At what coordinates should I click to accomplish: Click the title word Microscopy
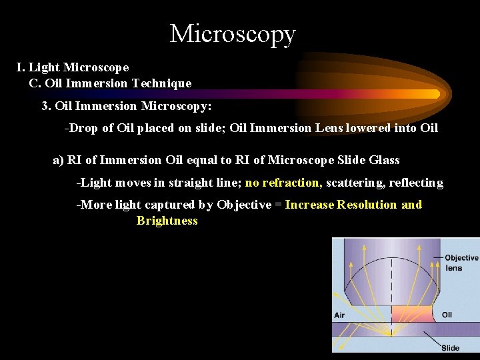tap(233, 33)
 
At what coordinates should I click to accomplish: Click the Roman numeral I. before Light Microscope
tap(21, 67)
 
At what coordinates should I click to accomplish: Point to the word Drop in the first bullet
tap(82, 128)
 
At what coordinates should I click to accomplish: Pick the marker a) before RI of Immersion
tap(58, 160)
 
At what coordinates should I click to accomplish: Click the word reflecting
tap(416, 183)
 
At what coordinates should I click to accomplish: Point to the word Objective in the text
tap(244, 205)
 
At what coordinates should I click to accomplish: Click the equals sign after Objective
tap(278, 205)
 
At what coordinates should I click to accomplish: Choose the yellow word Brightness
tap(167, 221)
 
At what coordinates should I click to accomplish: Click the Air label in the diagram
tap(339, 315)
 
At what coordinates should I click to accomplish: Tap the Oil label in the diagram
tap(447, 315)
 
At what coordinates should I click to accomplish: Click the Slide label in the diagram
tap(451, 348)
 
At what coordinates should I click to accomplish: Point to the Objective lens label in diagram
tap(461, 263)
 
